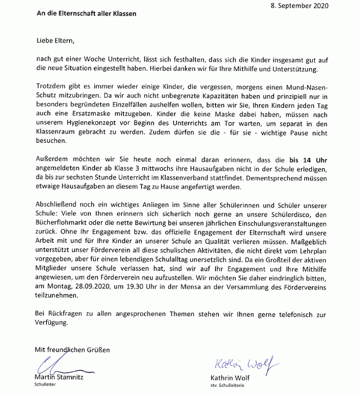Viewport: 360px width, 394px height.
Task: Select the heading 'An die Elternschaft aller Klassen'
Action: [86, 14]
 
